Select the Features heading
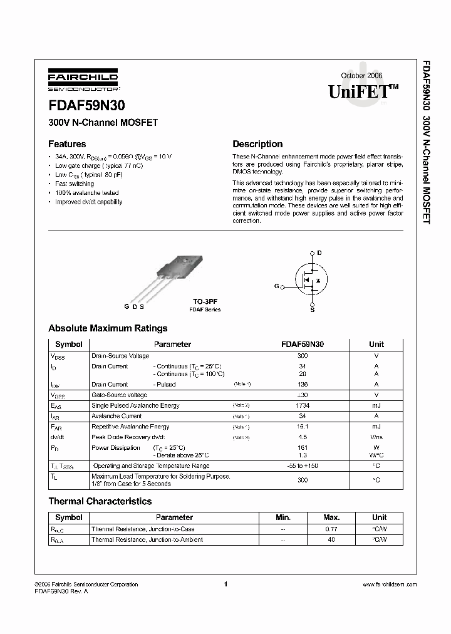[67, 144]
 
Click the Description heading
[257, 144]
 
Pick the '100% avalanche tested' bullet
[86, 193]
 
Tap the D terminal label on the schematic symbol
[319, 252]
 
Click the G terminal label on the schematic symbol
[276, 286]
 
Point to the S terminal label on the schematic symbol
[313, 309]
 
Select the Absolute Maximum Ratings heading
[108, 328]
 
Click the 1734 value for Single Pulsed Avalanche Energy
[303, 405]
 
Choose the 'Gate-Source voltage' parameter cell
[120, 395]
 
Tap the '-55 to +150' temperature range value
[303, 466]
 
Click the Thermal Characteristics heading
[100, 501]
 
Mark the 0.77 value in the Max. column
[331, 529]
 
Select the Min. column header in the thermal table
[283, 517]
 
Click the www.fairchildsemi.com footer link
[390, 585]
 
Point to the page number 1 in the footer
[225, 585]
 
